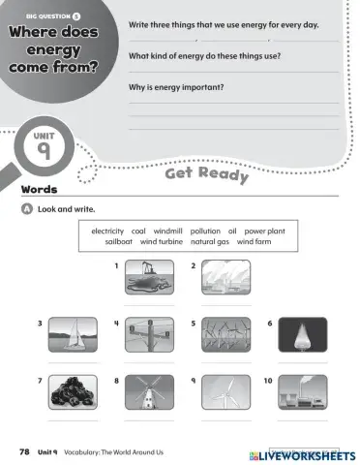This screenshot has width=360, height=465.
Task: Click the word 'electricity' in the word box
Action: coord(108,232)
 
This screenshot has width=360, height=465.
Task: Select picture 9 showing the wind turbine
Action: coord(222,391)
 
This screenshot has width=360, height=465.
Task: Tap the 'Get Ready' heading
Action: coord(207,174)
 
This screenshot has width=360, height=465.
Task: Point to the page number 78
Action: coord(23,452)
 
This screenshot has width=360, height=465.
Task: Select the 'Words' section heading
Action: coord(40,189)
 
